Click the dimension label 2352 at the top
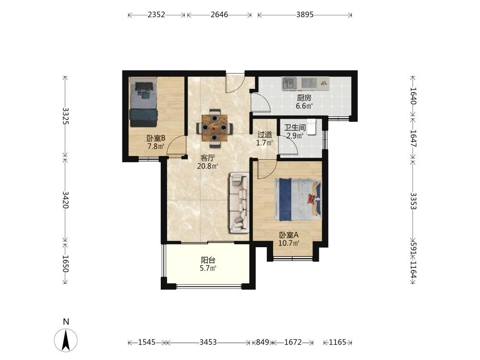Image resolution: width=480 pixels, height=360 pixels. pos(156,15)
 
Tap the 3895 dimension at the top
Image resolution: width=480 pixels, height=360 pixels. pos(305,15)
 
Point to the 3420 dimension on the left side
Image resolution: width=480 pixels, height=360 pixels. pos(65,200)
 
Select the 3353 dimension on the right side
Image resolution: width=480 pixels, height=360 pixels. pos(413,201)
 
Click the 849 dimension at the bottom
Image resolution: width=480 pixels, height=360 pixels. pos(263,342)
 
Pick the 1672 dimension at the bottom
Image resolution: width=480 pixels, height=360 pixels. pos(293,342)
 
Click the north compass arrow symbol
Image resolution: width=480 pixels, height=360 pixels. pos(65,339)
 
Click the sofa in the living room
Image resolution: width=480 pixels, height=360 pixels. pos(239,203)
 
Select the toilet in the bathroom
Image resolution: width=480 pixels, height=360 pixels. pos(312,127)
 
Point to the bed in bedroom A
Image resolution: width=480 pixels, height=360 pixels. pos(298,200)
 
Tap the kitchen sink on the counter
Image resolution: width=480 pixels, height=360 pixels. pos(289,83)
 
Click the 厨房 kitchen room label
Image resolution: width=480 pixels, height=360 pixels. pos(304,98)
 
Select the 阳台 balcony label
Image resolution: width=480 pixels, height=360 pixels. pos(208,260)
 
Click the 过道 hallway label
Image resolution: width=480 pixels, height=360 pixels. pos(264,134)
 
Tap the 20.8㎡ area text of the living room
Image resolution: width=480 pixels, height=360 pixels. pos(208,166)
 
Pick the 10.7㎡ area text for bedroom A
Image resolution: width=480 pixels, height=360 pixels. pos(288,243)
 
